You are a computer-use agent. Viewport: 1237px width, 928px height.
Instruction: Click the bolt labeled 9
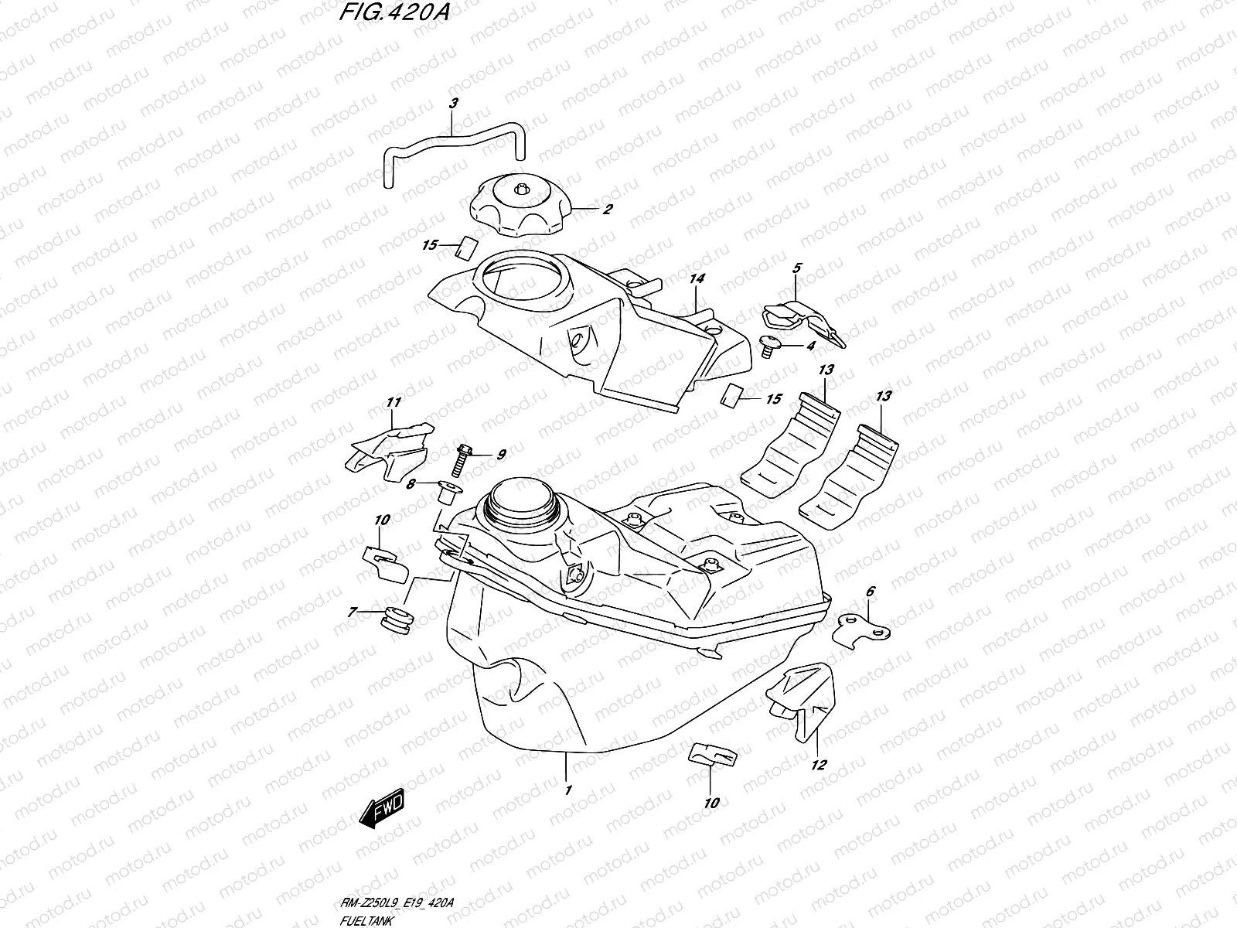click(460, 461)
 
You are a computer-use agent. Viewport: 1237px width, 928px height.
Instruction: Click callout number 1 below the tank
click(567, 790)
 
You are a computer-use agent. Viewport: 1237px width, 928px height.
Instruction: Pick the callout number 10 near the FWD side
click(382, 519)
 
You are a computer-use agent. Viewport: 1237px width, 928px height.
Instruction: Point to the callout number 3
click(453, 103)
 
